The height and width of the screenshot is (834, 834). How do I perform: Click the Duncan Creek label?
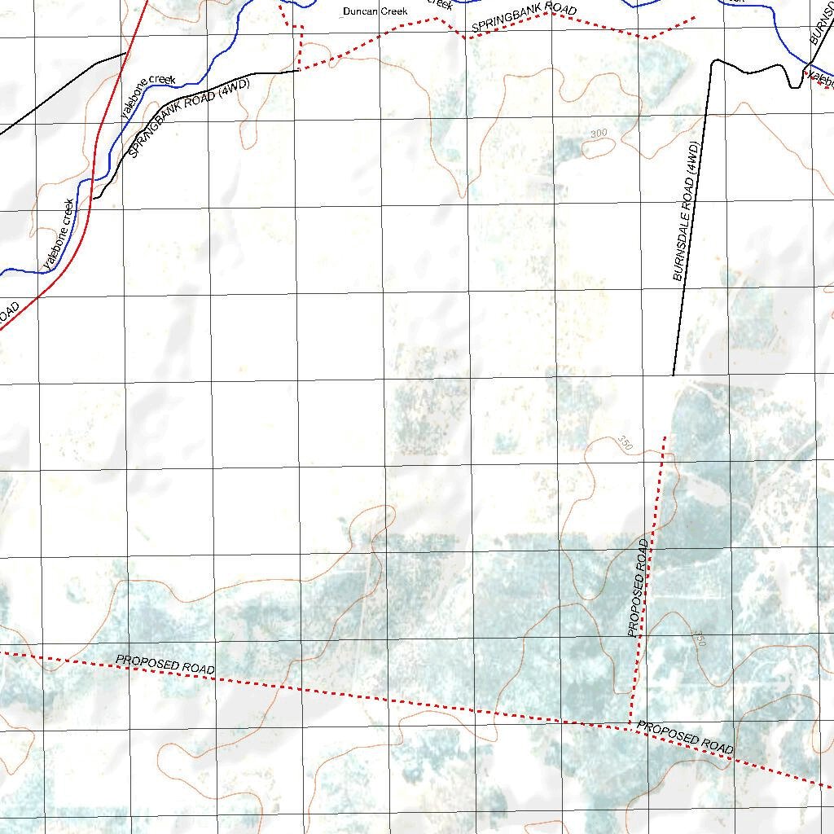point(375,11)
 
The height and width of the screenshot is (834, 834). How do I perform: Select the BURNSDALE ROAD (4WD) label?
point(687,212)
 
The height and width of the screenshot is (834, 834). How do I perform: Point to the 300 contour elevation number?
point(599,133)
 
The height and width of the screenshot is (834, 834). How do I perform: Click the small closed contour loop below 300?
point(600,147)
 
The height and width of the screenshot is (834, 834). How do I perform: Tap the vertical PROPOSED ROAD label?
point(639,586)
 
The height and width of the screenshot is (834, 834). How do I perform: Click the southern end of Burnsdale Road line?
point(674,375)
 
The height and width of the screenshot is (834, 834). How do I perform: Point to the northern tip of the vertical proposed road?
point(665,437)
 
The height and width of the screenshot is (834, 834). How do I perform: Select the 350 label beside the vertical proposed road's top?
point(625,443)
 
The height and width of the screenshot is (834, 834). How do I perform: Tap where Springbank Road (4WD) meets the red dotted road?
point(300,70)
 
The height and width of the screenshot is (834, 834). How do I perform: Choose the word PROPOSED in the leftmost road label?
point(147,662)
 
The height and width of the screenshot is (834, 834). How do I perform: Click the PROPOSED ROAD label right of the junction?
point(685,736)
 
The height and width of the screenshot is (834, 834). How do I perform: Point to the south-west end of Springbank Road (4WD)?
point(94,198)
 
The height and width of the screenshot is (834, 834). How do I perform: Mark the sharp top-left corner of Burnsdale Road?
point(713,61)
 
